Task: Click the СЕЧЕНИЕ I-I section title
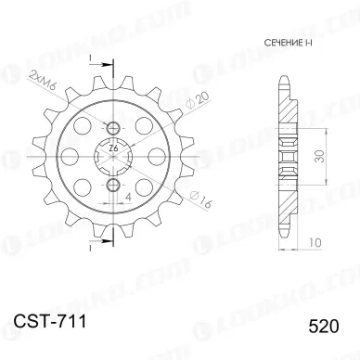point(276,45)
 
